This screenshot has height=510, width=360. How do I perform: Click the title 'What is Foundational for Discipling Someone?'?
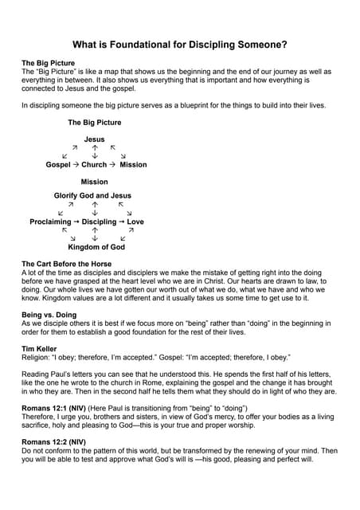(180, 45)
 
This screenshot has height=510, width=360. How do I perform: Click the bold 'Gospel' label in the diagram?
(58, 165)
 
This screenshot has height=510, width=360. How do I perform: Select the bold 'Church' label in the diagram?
(94, 165)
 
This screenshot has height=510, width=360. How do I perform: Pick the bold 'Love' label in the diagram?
(135, 222)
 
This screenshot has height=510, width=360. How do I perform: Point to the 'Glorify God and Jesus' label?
(92, 195)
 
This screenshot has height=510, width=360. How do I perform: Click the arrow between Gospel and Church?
(76, 165)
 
